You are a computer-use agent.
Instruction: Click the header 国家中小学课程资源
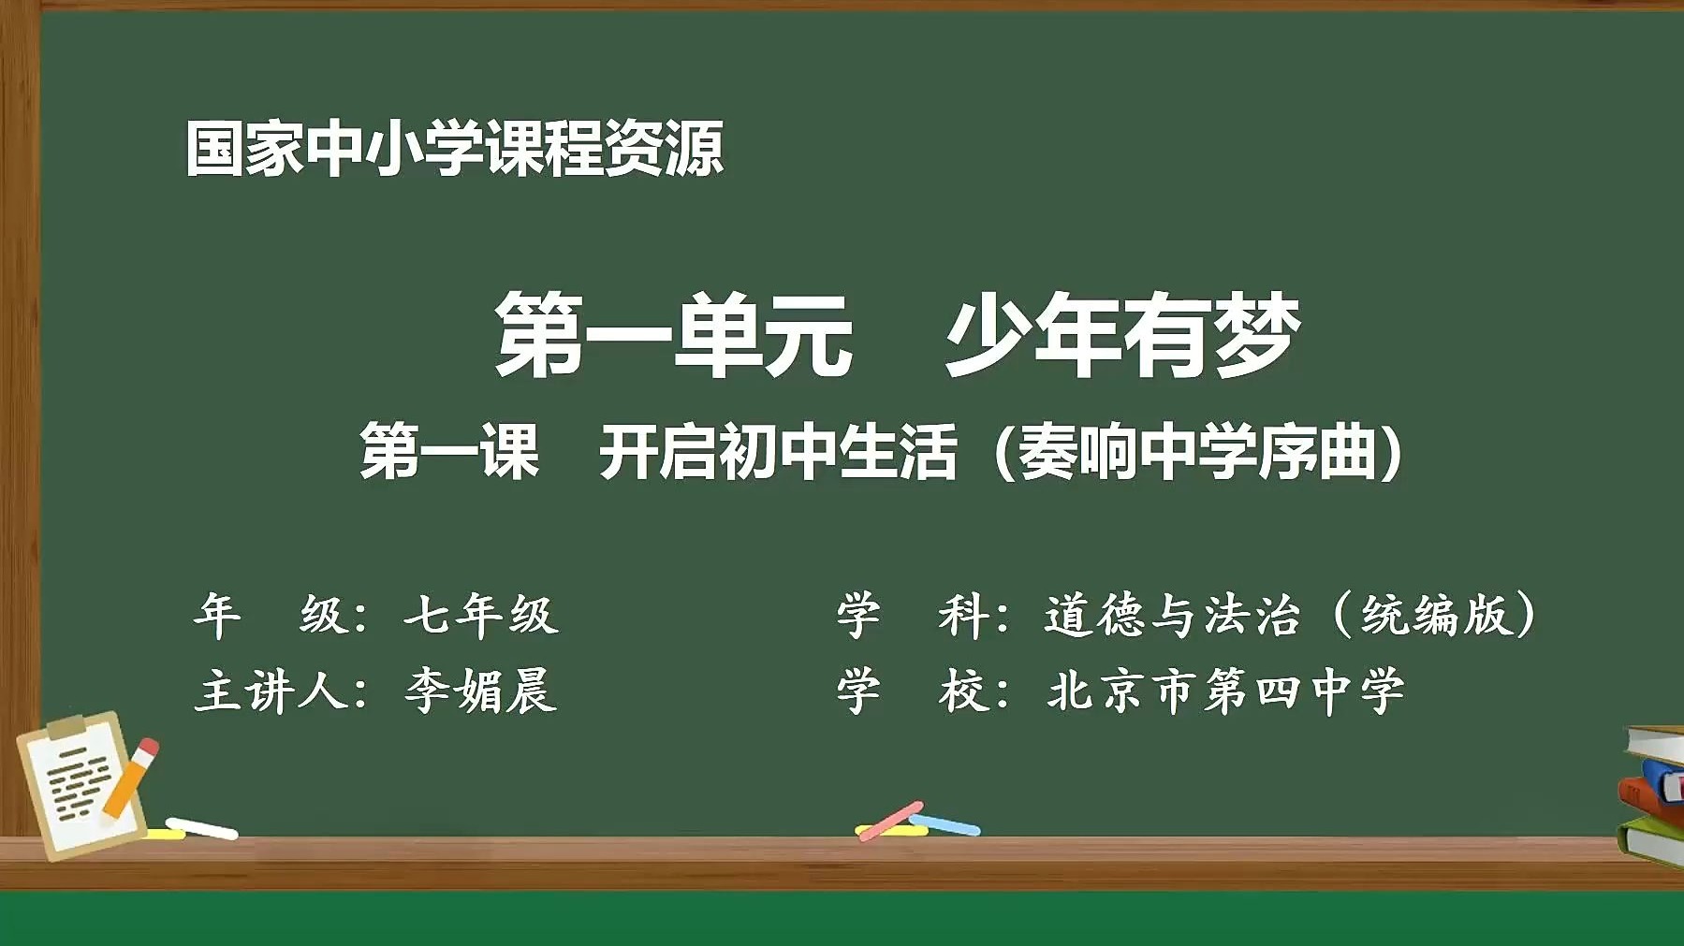[455, 149]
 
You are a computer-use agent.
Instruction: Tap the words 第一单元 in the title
[674, 335]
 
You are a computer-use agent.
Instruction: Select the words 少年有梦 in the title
[1123, 335]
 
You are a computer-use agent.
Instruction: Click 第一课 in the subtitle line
[449, 452]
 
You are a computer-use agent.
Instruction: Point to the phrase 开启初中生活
[778, 452]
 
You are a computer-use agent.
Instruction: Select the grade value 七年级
[481, 615]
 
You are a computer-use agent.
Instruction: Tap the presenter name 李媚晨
[481, 691]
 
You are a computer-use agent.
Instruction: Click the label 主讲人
[271, 691]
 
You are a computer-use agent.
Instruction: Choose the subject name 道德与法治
[1172, 615]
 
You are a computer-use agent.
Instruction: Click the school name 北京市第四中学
[1226, 691]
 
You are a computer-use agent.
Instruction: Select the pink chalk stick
[889, 821]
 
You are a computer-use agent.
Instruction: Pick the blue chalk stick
[945, 824]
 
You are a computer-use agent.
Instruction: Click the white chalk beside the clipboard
[202, 828]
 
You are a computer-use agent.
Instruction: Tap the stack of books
[1652, 795]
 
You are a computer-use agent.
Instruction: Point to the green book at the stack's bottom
[1652, 842]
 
